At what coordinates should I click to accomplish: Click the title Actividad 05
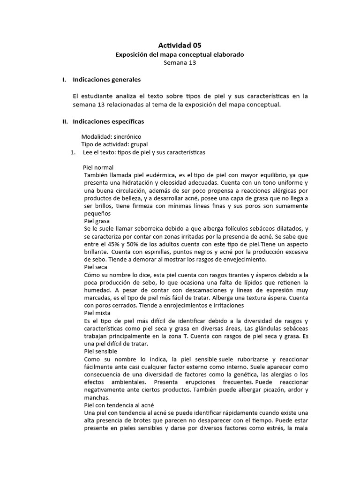click(x=180, y=45)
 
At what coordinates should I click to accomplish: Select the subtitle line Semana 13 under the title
click(x=180, y=63)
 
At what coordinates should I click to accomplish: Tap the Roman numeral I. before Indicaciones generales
click(x=65, y=80)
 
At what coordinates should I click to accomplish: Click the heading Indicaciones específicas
click(x=108, y=121)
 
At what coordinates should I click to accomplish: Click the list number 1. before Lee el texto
click(x=73, y=152)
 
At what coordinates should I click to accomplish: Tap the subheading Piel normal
click(x=98, y=167)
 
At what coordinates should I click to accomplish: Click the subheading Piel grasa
click(x=97, y=220)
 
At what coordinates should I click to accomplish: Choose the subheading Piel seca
click(x=95, y=267)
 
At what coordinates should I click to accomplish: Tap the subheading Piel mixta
click(x=97, y=313)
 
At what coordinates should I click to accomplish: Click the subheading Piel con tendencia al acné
click(x=119, y=405)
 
